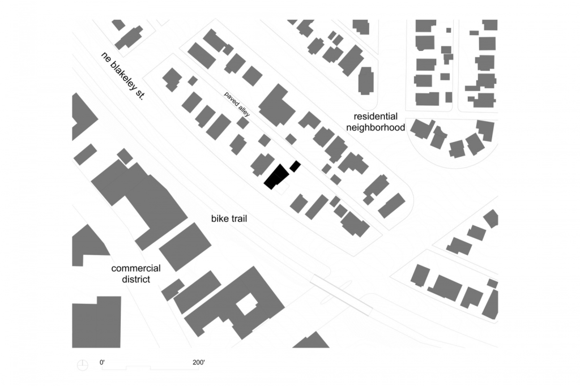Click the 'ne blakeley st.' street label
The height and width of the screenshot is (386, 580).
click(x=122, y=75)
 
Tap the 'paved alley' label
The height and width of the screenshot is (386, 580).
click(x=237, y=104)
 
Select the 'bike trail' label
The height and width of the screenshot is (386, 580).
click(x=229, y=218)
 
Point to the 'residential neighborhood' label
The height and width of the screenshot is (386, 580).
click(x=376, y=122)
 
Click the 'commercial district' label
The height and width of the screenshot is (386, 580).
click(x=136, y=273)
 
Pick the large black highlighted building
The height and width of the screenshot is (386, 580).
click(x=276, y=177)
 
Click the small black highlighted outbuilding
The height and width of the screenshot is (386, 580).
click(x=295, y=166)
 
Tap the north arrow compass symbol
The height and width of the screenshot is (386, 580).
click(x=83, y=365)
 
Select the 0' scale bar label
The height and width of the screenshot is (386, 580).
click(x=102, y=362)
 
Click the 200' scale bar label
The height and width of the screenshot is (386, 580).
click(x=199, y=362)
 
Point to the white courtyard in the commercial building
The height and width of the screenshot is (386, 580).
click(x=246, y=304)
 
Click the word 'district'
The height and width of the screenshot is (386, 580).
click(x=136, y=279)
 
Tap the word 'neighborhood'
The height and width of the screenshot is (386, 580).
click(x=376, y=127)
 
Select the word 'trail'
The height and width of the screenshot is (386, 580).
click(x=238, y=218)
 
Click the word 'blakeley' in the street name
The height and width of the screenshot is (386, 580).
click(x=122, y=75)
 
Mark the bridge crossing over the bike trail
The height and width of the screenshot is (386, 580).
click(x=341, y=295)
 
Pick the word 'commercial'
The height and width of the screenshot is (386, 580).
click(x=136, y=268)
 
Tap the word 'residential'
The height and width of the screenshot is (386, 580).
click(x=376, y=117)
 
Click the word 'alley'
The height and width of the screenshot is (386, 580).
click(x=242, y=110)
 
